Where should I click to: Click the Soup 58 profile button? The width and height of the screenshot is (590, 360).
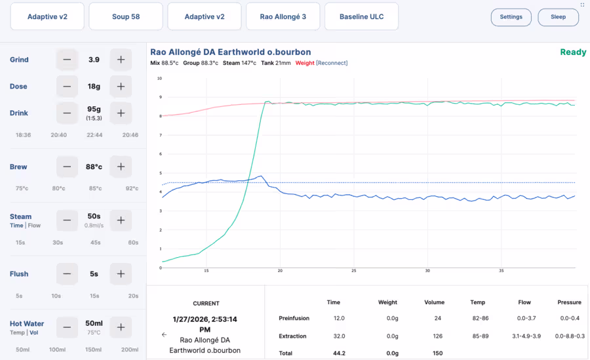tap(126, 16)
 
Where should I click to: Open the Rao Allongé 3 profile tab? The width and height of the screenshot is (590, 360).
tap(283, 16)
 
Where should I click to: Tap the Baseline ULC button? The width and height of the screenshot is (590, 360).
tap(361, 16)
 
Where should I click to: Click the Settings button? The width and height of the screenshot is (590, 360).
tap(511, 17)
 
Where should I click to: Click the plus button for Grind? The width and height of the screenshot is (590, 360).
tap(121, 60)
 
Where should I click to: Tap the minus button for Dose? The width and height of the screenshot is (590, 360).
tap(67, 87)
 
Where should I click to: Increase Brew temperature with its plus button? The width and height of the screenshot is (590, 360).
tap(121, 167)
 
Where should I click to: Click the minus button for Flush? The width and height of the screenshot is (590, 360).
tap(67, 274)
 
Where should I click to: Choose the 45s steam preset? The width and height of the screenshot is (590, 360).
tap(95, 242)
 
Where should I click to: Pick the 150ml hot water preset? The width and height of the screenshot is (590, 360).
tap(96, 350)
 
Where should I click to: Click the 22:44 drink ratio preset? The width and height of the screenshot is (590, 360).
tap(94, 134)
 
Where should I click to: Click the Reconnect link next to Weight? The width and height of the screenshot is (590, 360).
tap(332, 63)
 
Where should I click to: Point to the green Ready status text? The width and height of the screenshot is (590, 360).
tap(573, 52)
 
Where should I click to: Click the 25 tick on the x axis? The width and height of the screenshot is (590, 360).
tap(353, 271)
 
